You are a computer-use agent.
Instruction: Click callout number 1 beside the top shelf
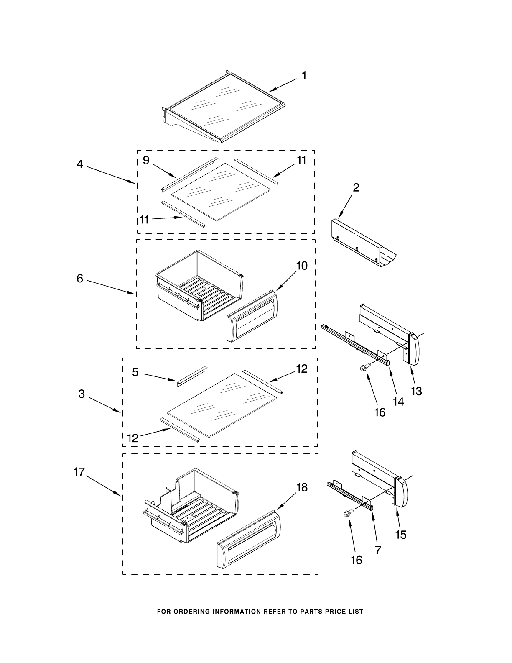[x=304, y=76]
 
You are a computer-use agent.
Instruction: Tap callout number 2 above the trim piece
[x=356, y=187]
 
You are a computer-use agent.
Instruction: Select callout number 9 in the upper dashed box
[x=146, y=161]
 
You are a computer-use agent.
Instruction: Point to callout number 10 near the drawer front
[x=302, y=266]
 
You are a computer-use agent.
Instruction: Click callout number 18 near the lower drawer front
[x=302, y=487]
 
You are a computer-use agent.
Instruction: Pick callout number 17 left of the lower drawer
[x=79, y=472]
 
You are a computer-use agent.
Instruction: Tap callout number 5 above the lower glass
[x=135, y=372]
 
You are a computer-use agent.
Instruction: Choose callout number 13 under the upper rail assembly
[x=416, y=391]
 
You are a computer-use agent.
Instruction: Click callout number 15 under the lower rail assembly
[x=400, y=535]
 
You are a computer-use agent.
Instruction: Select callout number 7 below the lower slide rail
[x=378, y=550]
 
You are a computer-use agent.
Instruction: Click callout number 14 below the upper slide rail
[x=398, y=402]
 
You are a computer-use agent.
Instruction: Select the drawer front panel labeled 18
[x=248, y=540]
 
